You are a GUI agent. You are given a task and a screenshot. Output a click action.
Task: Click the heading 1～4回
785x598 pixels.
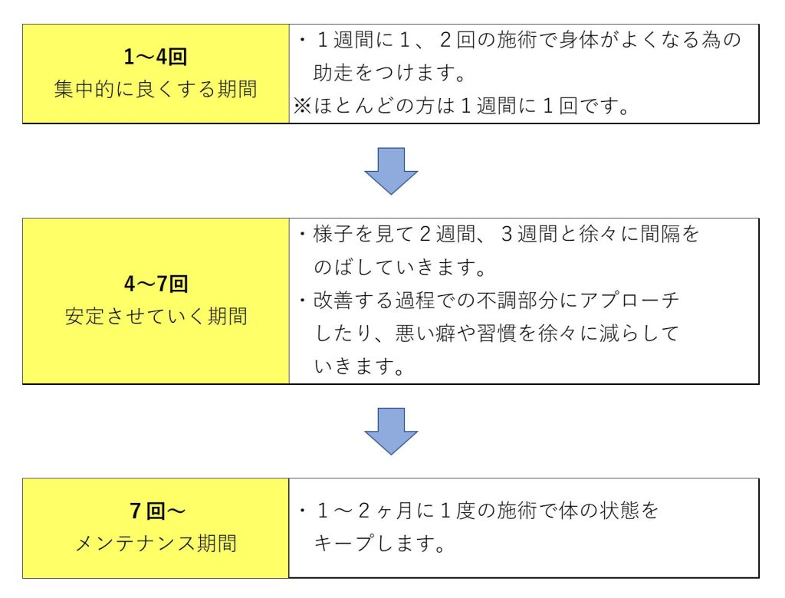156,57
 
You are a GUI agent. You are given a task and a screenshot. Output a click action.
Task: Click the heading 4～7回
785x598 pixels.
156,284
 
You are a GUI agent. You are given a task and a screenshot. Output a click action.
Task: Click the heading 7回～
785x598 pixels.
157,511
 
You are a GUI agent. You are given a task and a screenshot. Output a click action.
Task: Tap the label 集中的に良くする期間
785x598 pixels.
156,89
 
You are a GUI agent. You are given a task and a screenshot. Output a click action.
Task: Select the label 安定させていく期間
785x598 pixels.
156,316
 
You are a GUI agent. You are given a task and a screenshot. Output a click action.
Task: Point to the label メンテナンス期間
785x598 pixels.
156,543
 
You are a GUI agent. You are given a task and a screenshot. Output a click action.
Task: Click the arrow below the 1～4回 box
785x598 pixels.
391,171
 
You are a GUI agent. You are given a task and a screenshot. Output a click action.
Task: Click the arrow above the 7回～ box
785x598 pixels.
391,431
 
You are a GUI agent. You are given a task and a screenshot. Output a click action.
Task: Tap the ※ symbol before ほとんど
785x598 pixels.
302,106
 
